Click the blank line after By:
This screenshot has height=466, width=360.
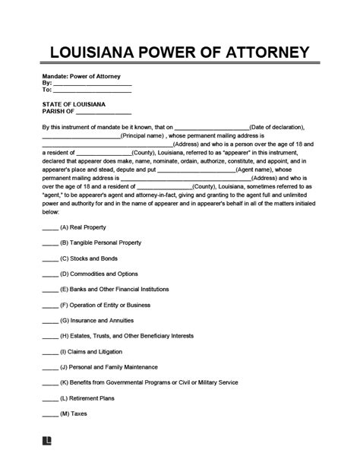pos(87,84)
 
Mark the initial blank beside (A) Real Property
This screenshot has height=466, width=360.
pos(49,228)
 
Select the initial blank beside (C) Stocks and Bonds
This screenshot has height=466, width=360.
pos(49,258)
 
